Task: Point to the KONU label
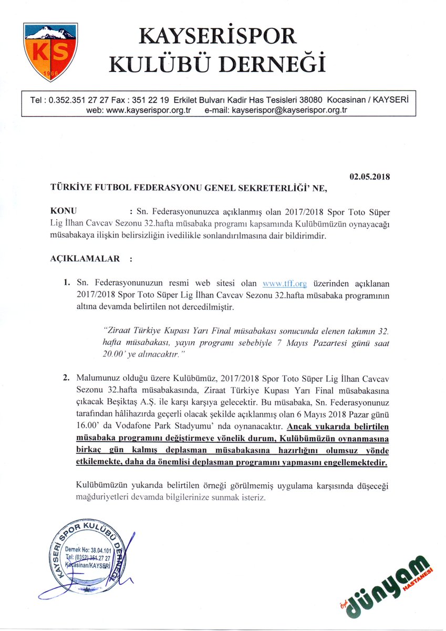(x=64, y=212)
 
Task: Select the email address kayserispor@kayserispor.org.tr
(x=289, y=110)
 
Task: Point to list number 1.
(x=67, y=283)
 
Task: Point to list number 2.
(x=67, y=378)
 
